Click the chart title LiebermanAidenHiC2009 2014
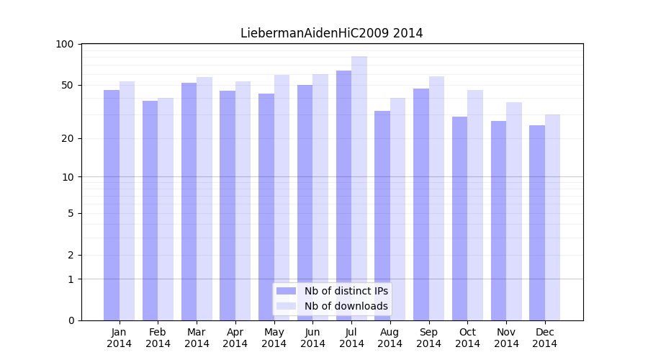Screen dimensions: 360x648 331,33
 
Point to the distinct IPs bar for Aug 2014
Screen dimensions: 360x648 382,215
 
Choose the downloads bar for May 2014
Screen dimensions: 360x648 282,197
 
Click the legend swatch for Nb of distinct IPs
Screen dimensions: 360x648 286,291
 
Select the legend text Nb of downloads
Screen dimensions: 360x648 346,306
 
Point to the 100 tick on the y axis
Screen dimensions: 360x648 65,45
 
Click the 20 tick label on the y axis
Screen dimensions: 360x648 68,138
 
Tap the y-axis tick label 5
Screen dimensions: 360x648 71,213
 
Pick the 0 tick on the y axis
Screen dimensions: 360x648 71,320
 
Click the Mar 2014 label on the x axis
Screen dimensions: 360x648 197,338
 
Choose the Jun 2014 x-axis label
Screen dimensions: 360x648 312,338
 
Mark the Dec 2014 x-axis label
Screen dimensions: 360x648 545,338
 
